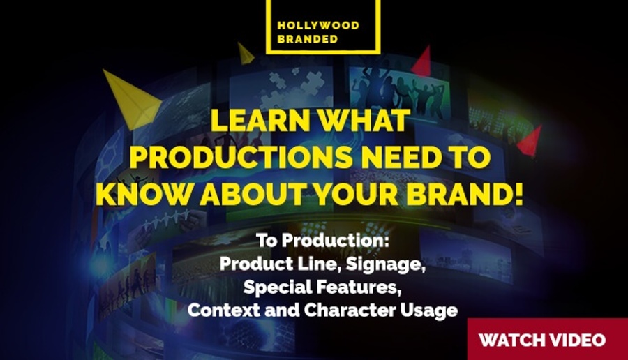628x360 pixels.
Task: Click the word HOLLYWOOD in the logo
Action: point(318,26)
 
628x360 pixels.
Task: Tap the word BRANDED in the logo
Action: point(308,39)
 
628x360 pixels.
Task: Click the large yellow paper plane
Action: point(132,100)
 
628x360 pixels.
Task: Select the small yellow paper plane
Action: point(245,54)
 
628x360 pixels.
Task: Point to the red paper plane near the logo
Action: point(421,61)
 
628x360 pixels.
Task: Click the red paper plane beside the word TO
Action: point(530,141)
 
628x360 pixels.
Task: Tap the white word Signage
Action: point(385,264)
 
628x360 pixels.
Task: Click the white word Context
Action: point(223,310)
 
